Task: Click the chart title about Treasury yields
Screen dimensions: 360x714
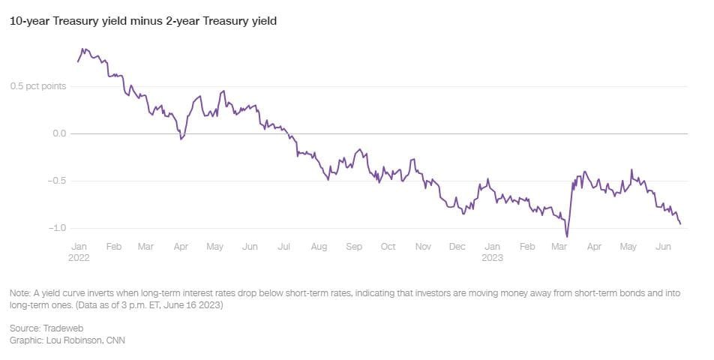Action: (143, 21)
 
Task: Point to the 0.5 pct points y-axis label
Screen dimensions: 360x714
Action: (37, 86)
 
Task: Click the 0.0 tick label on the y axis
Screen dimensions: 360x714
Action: (58, 133)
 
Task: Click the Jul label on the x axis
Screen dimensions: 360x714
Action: (284, 246)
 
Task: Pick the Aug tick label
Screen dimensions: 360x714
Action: (319, 246)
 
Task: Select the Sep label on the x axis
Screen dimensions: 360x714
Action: (353, 246)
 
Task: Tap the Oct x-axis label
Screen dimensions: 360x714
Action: (388, 246)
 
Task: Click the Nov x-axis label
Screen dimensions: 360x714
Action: (423, 246)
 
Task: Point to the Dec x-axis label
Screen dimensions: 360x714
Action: (457, 246)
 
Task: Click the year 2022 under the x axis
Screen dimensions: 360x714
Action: (81, 257)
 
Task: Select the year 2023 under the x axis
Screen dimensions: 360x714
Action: (492, 257)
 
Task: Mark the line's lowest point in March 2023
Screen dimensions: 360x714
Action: (567, 236)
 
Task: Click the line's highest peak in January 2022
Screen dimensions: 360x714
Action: (83, 49)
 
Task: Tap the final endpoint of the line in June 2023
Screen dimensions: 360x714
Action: (680, 223)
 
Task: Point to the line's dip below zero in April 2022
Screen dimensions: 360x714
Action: (181, 139)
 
